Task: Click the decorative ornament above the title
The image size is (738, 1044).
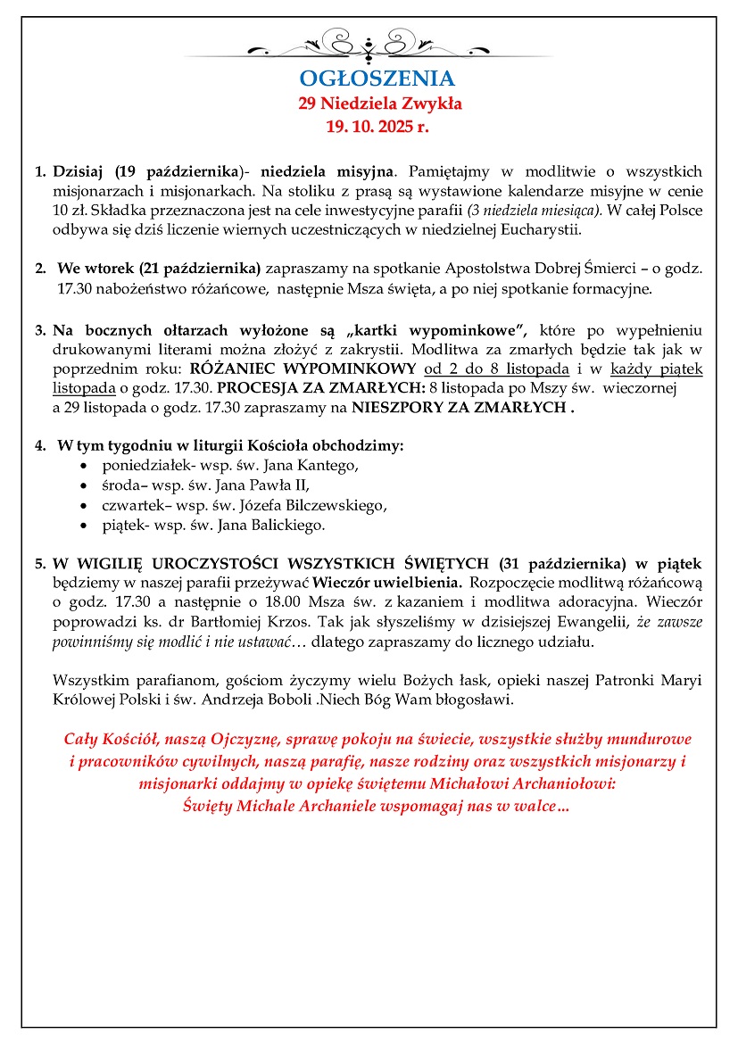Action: click(369, 45)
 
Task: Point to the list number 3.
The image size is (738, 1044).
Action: click(40, 331)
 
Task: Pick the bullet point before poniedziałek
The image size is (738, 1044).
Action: click(84, 466)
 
